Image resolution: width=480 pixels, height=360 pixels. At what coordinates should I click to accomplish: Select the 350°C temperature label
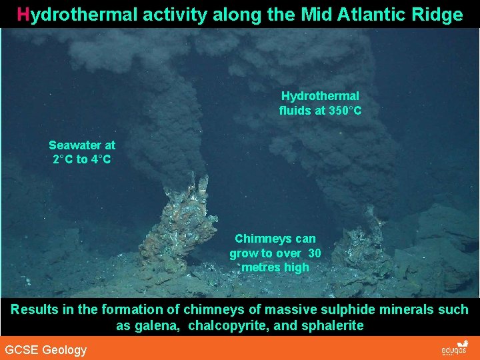(345, 111)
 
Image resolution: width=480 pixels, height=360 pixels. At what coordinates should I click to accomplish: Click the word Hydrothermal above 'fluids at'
(320, 97)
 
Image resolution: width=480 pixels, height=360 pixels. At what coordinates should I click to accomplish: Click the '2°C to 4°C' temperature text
(82, 159)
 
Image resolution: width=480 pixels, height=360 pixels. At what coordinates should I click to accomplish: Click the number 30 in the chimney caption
(315, 253)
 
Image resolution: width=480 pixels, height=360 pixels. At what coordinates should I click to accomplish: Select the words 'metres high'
(275, 267)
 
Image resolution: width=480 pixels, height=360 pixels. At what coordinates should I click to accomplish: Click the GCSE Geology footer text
(46, 350)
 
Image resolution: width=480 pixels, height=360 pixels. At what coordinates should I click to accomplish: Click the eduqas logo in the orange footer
(455, 349)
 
